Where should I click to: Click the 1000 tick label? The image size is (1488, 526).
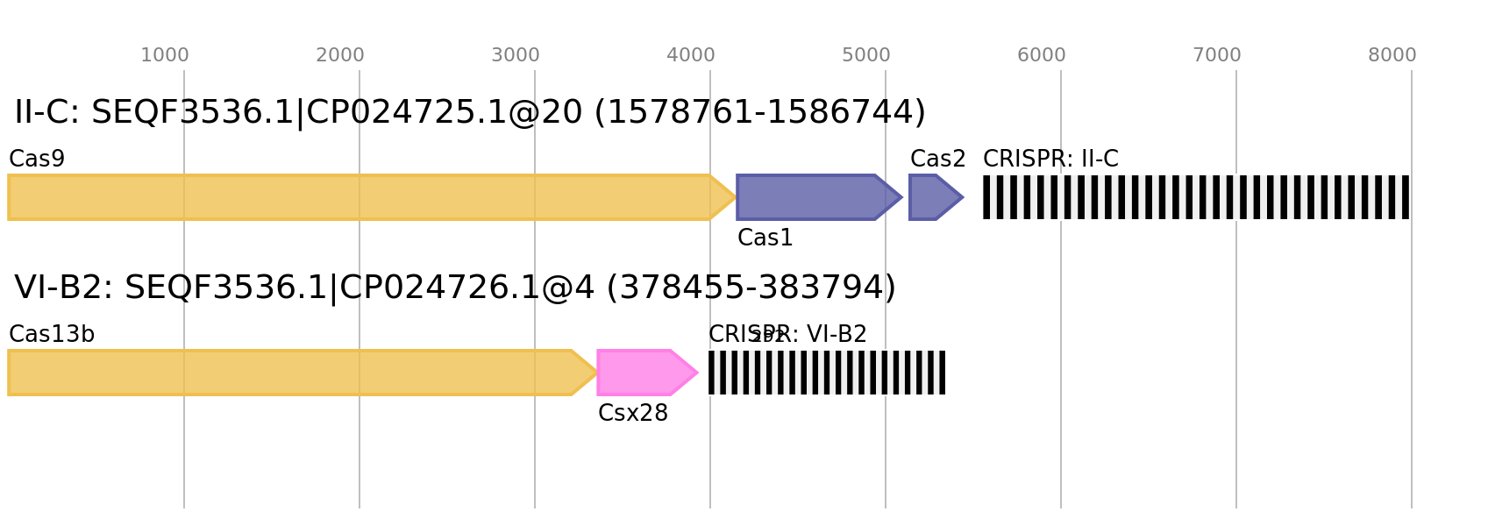tap(165, 55)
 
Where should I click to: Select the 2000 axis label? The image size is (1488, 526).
tap(340, 55)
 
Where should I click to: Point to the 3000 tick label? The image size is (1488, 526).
tap(516, 55)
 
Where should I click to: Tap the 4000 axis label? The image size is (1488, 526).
tap(691, 55)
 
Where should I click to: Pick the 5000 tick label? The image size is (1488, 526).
tap(866, 55)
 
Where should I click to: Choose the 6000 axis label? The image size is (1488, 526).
tap(1042, 55)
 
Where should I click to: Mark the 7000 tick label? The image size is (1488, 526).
tap(1217, 55)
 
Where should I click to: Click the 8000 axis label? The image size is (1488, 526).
tap(1392, 55)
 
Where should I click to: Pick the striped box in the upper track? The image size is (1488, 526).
tap(1196, 197)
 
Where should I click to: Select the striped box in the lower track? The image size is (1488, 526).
tap(827, 373)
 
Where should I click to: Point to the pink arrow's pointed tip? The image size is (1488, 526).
tap(698, 373)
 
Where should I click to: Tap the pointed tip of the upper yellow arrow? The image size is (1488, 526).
tap(735, 197)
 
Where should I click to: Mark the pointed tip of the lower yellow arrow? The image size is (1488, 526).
tap(598, 373)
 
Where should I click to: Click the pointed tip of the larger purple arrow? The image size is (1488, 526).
tap(902, 197)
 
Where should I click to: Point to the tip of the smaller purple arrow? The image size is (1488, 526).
tap(964, 197)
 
